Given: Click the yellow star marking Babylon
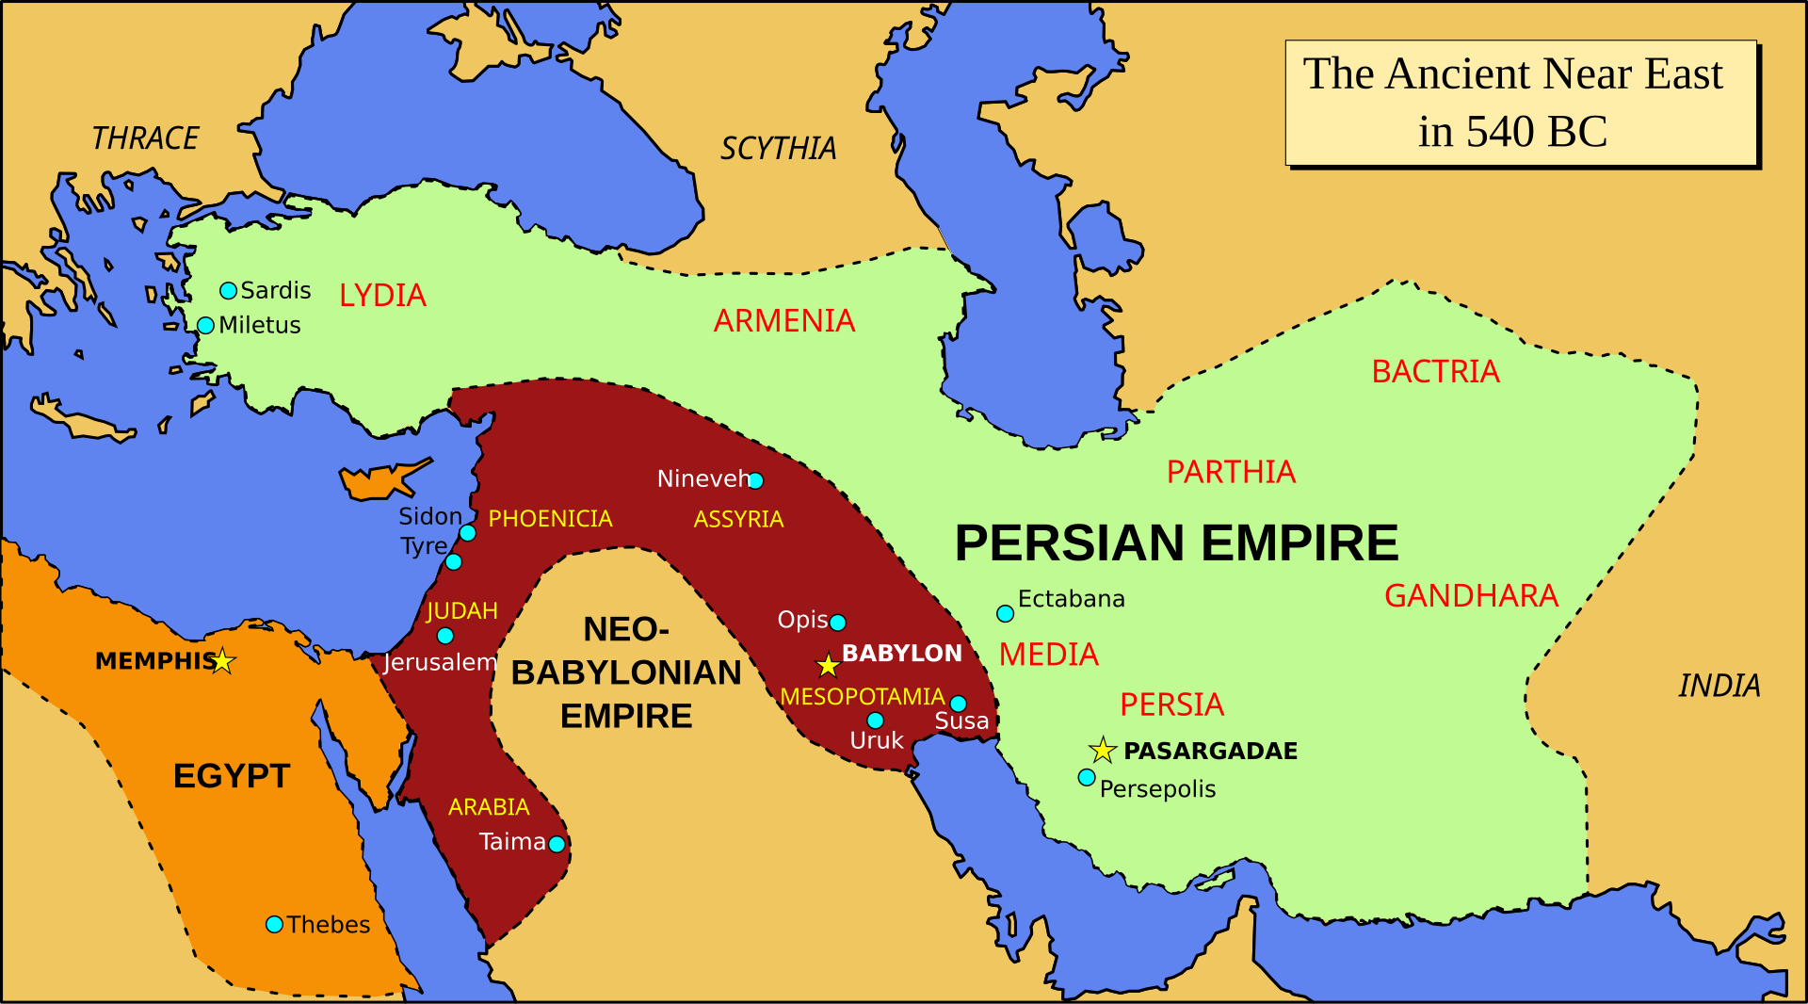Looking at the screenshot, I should coord(828,666).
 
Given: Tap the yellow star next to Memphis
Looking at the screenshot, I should coord(222,661).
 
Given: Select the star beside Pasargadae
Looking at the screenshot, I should coord(1103,751).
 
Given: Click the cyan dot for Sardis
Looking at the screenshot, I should coord(229,290).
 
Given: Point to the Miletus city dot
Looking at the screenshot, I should coord(205,326).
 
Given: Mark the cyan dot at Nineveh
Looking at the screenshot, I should coord(755,481).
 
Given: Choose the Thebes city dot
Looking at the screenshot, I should coord(274,925).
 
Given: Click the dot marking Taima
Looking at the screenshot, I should coord(557,844).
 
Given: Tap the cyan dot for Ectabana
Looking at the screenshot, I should coord(1005,614).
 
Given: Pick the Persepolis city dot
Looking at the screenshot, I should coord(1087,778).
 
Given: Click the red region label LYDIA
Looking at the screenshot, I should coord(382,296).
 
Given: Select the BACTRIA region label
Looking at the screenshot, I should coord(1435,372).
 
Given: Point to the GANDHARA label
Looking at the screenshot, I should coord(1471,596).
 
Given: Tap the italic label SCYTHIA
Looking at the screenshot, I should coord(778,149).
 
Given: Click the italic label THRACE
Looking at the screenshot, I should coord(145,138).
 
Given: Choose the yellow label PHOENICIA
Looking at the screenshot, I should coord(550,519).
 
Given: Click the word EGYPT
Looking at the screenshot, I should coord(232,776).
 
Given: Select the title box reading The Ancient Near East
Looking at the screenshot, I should coord(1521,103).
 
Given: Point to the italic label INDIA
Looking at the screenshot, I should coord(1719,686).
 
